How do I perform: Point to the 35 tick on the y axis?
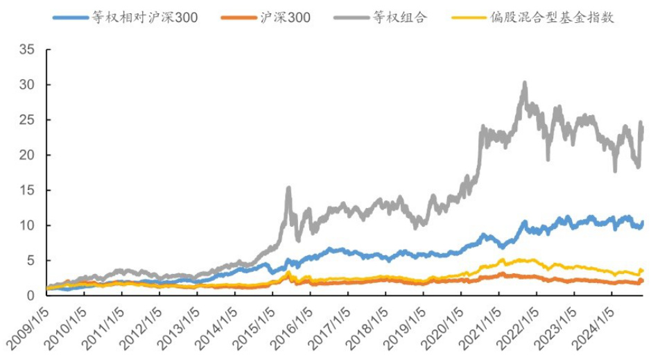point(27,50)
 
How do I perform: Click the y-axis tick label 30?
point(27,85)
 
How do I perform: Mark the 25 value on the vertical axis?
point(27,120)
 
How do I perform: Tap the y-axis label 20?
point(27,155)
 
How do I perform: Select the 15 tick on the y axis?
point(27,190)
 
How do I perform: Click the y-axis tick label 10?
point(27,225)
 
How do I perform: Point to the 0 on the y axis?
point(31,295)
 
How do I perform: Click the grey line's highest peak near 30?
point(525,83)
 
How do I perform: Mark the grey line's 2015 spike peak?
point(288,187)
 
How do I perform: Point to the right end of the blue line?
point(643,222)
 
